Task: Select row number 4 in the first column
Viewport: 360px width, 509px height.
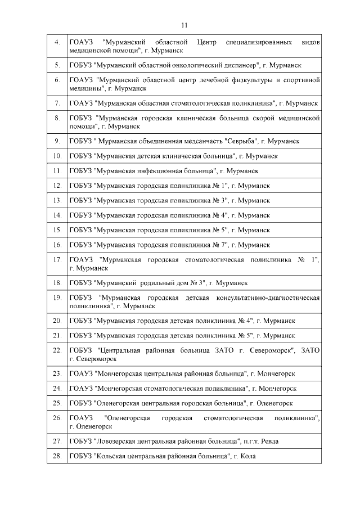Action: click(57, 43)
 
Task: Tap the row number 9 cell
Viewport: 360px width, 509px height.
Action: click(57, 141)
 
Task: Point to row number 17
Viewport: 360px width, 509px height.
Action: click(57, 260)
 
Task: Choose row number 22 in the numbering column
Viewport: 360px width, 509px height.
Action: click(57, 350)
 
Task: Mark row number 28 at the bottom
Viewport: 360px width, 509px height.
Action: click(57, 456)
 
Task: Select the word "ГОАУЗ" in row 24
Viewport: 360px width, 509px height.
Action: click(81, 389)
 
